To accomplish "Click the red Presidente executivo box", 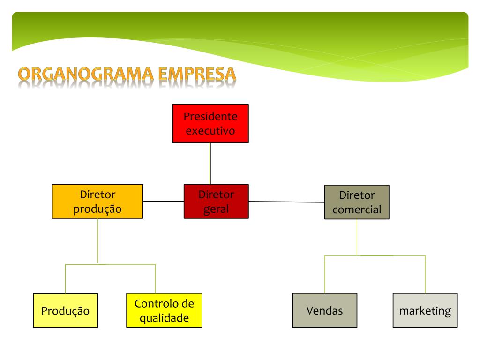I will (x=210, y=123).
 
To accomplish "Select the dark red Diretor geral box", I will (x=216, y=201).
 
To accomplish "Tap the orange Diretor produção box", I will (x=97, y=201).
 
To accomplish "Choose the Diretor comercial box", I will (x=357, y=202).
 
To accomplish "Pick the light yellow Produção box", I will (x=65, y=310).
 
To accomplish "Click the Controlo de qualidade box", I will (x=164, y=310).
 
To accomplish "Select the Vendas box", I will (x=324, y=310).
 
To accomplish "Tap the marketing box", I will (x=425, y=310).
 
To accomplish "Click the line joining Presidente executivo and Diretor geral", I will (x=210, y=163).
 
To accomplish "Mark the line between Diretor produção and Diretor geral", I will (x=163, y=201).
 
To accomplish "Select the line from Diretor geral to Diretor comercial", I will (x=286, y=202).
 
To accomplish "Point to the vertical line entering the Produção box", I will (x=65, y=279).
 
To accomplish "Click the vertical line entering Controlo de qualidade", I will (x=155, y=279).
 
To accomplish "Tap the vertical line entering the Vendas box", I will (x=324, y=275).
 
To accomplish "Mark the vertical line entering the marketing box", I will (x=425, y=275).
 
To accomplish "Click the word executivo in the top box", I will (x=210, y=130).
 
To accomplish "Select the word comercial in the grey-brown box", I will (x=357, y=210).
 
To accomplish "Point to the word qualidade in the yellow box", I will (x=164, y=318).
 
